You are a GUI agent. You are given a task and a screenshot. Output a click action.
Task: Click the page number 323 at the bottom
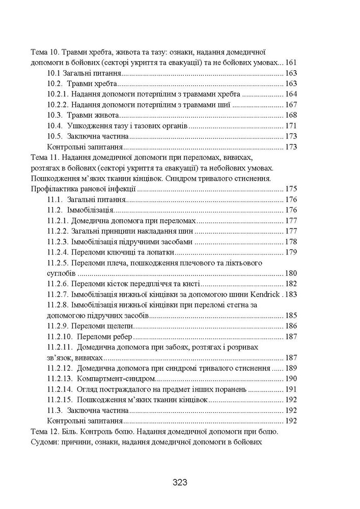click(x=180, y=482)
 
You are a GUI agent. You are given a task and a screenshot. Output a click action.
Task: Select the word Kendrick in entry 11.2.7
click(x=266, y=294)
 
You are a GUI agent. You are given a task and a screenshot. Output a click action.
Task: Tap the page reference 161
click(x=291, y=63)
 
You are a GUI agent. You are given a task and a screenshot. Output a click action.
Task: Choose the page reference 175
click(x=291, y=189)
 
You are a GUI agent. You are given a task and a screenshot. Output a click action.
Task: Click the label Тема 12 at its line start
click(x=45, y=432)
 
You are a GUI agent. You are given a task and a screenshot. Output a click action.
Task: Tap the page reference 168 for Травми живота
click(x=291, y=116)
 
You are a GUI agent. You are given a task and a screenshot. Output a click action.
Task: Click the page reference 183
click(x=291, y=294)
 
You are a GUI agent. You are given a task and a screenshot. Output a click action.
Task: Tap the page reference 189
click(x=291, y=368)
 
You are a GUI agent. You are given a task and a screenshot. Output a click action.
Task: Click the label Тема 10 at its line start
click(x=45, y=52)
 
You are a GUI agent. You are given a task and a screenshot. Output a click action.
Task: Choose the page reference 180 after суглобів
click(x=291, y=273)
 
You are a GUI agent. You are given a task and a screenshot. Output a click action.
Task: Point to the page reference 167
click(x=291, y=105)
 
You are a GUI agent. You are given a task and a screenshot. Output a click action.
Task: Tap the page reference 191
click(x=291, y=389)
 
